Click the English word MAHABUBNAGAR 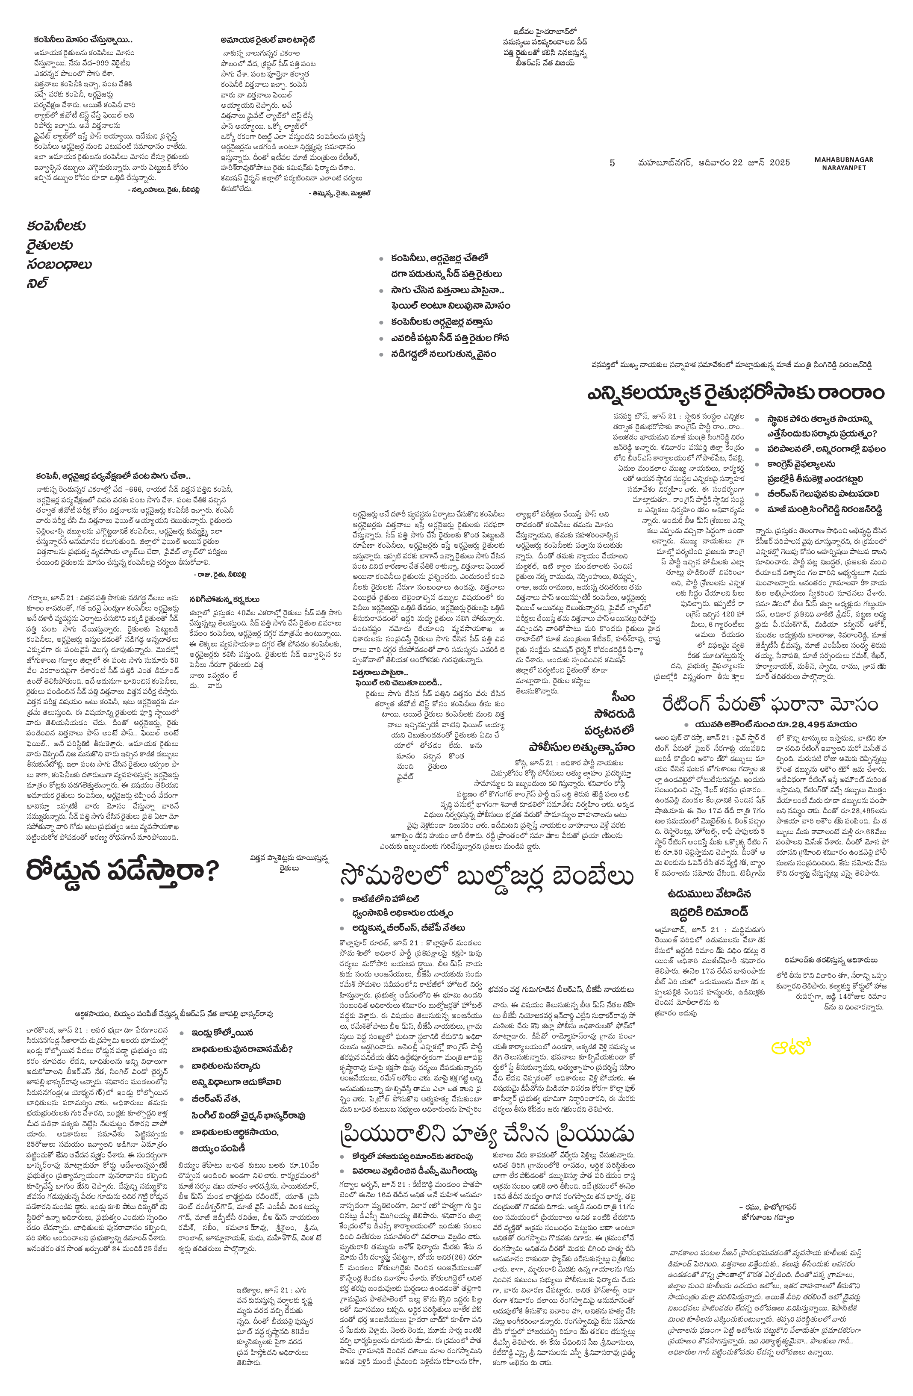tap(843, 159)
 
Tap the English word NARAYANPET tap(840, 168)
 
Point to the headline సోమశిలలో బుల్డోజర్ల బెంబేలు tap(486, 877)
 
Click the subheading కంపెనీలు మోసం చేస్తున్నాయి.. tap(82, 41)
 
